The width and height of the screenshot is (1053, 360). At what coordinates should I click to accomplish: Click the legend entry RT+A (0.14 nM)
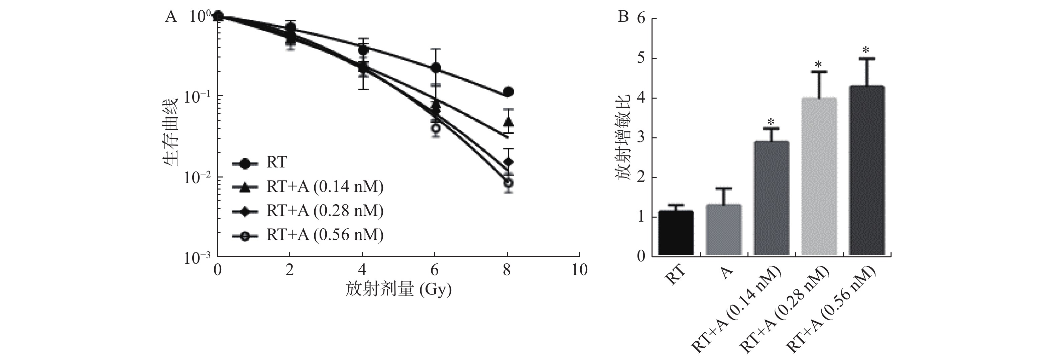pyautogui.click(x=325, y=187)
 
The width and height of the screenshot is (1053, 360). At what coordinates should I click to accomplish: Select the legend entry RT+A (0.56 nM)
pyautogui.click(x=325, y=235)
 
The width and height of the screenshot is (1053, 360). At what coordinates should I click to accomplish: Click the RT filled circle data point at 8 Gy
pyautogui.click(x=508, y=92)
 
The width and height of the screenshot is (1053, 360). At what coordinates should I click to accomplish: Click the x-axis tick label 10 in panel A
pyautogui.click(x=579, y=270)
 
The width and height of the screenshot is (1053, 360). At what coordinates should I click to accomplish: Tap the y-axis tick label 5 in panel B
pyautogui.click(x=640, y=58)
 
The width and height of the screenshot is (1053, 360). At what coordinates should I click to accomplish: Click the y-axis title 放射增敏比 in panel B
pyautogui.click(x=623, y=138)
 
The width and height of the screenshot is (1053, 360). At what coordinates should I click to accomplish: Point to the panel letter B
pyautogui.click(x=623, y=17)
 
